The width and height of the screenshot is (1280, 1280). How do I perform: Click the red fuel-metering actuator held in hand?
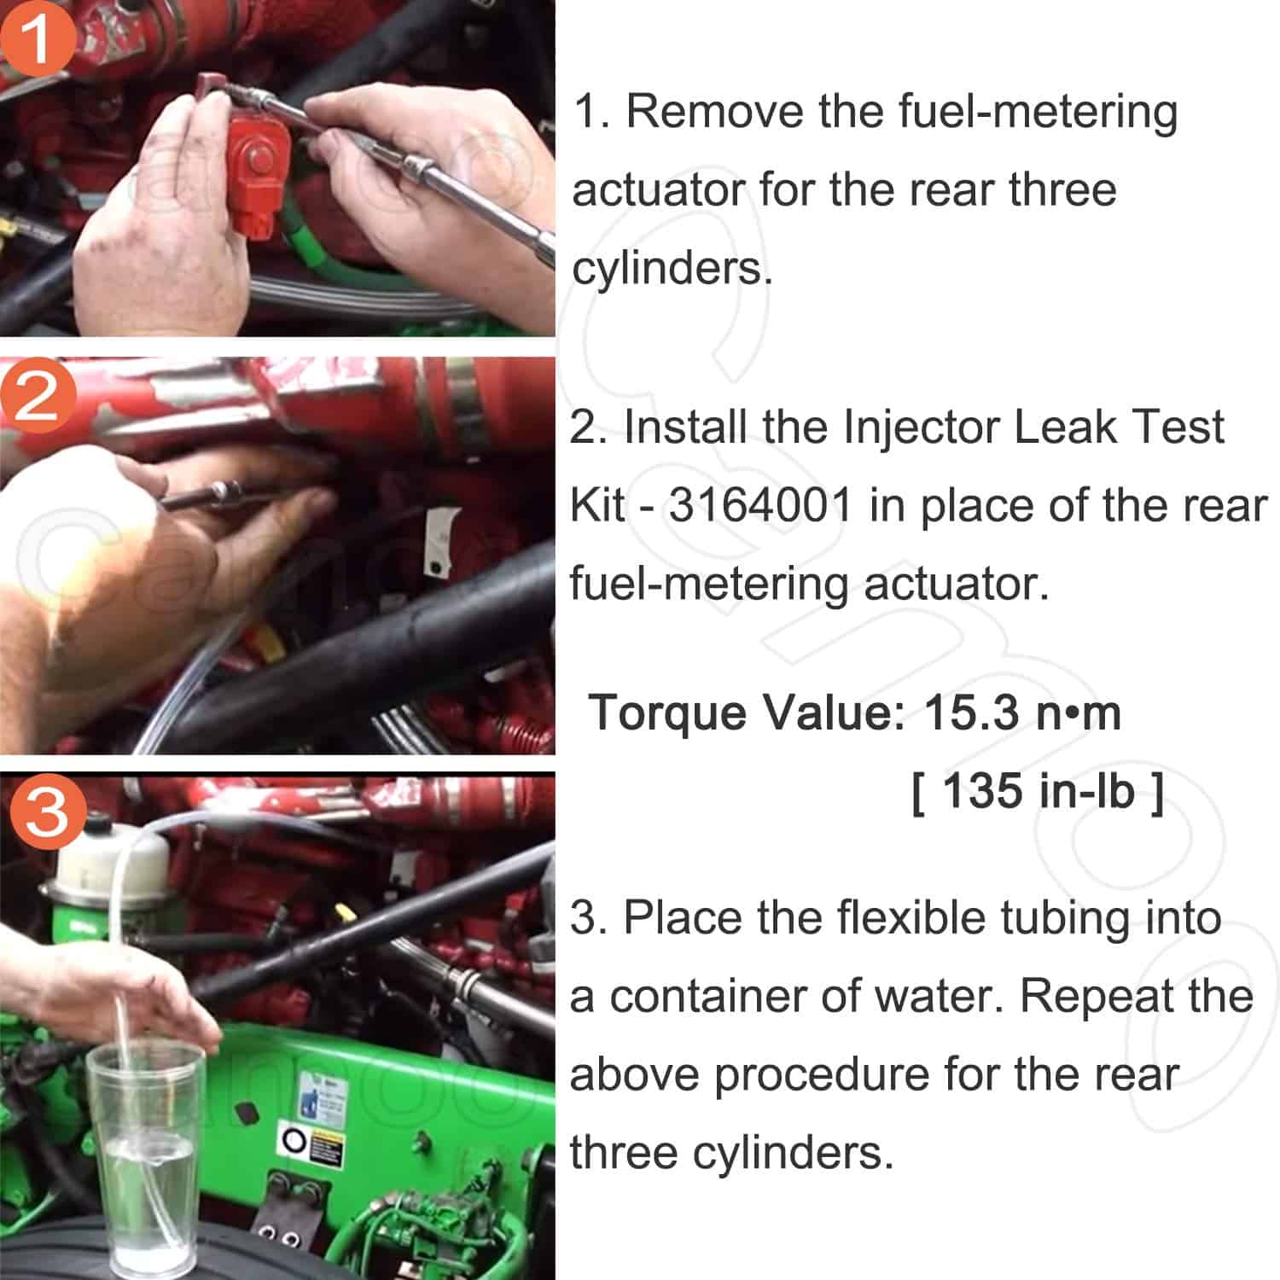point(256,171)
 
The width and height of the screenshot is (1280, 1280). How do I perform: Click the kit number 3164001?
point(759,505)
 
